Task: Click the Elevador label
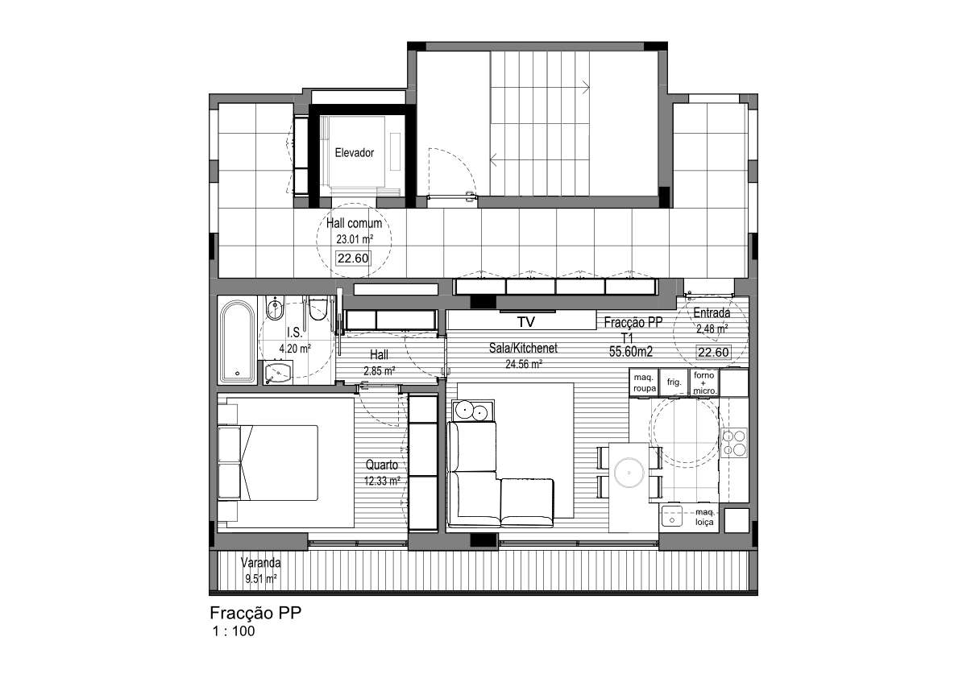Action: [355, 153]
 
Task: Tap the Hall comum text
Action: [354, 223]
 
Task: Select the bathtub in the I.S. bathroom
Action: [237, 341]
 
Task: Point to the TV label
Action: [525, 322]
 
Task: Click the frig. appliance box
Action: [674, 382]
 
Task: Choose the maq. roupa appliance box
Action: [644, 382]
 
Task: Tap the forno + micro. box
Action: [704, 382]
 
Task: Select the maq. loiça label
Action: [704, 517]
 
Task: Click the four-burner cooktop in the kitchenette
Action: [734, 442]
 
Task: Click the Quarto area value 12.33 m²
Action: [382, 481]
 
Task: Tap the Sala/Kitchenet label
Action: [523, 348]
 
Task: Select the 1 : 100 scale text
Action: [234, 631]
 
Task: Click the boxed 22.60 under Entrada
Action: [714, 353]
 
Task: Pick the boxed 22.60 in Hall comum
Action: [353, 258]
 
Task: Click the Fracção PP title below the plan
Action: [255, 613]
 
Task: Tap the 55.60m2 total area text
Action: [631, 352]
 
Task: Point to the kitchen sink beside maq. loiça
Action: [672, 516]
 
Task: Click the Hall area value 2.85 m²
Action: [380, 371]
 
